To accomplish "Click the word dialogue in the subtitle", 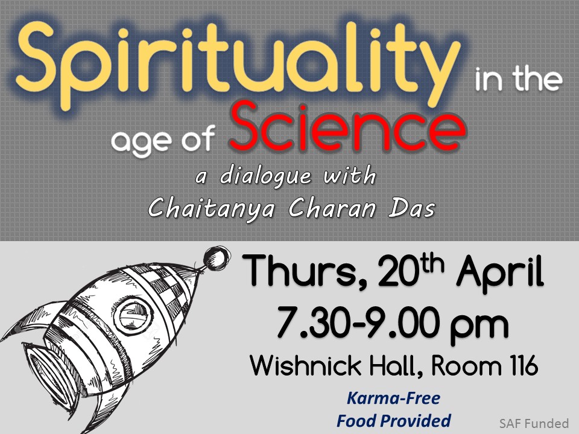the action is click(x=266, y=176).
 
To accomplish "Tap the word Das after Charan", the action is click(x=411, y=209).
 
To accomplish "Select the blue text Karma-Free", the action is click(x=394, y=398).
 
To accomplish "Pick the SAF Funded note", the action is click(x=534, y=423).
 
